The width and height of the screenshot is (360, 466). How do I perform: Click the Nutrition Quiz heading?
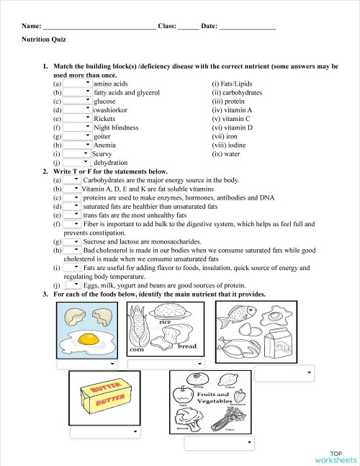click(44, 40)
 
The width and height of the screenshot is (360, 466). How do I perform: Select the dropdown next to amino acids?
click(78, 84)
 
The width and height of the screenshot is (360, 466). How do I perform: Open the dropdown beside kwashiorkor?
click(78, 109)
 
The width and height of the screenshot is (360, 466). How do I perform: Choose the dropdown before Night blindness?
click(78, 127)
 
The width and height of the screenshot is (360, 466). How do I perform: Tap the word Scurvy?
click(102, 153)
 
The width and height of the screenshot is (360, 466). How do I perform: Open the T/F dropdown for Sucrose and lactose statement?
click(72, 242)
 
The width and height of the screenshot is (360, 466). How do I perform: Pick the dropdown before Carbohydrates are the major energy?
click(72, 180)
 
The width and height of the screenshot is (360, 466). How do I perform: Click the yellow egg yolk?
click(88, 338)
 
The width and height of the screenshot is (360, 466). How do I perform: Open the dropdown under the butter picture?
click(104, 432)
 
